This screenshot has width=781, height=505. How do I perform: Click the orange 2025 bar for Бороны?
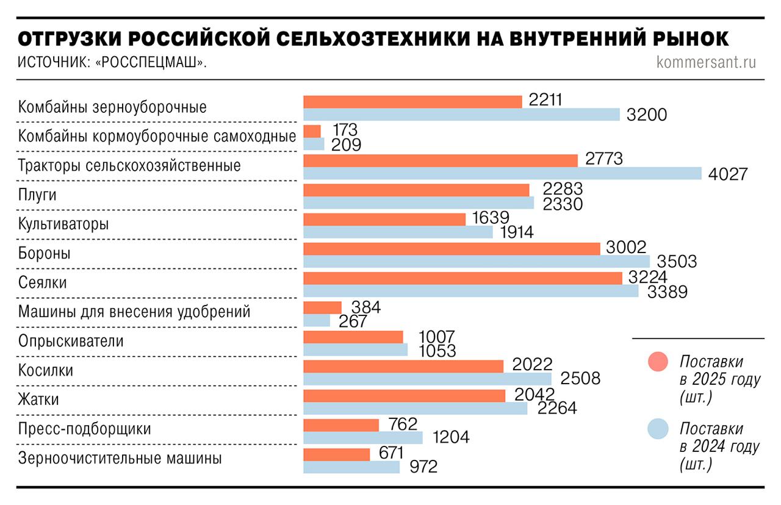point(452,248)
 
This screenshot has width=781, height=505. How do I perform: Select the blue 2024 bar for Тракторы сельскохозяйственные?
point(502,173)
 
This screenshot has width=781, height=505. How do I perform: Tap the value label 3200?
point(647,115)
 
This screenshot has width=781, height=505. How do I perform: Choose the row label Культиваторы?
point(63,224)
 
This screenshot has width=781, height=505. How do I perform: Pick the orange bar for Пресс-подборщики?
point(341,424)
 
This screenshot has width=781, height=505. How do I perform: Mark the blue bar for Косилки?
point(427,378)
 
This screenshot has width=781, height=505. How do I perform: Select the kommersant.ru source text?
point(706,62)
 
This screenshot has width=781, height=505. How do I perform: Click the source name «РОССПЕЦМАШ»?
point(149,63)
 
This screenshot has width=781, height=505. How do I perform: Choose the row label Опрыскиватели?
point(71,341)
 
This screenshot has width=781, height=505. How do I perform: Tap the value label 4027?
point(728,174)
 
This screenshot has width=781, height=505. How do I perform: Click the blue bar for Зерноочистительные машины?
point(351,467)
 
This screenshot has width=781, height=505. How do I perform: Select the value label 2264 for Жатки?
point(556,407)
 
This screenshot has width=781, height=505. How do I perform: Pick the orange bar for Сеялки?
point(462,278)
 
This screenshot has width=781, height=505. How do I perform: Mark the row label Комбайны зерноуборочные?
point(112,107)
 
